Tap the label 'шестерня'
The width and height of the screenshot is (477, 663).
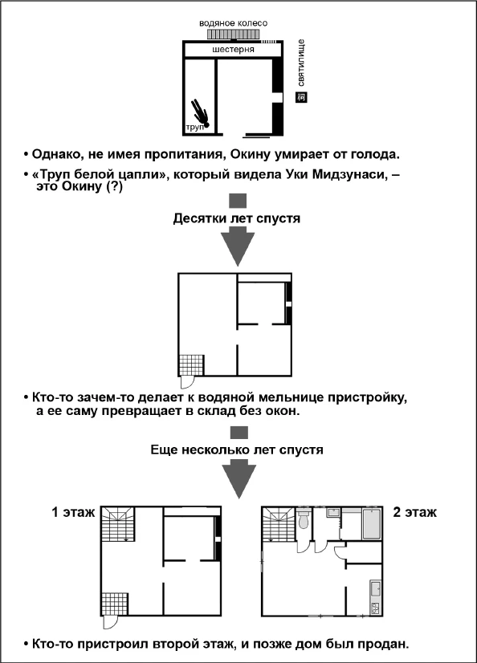click(234, 50)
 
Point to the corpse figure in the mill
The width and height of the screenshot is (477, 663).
click(199, 112)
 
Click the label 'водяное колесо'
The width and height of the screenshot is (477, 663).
click(233, 23)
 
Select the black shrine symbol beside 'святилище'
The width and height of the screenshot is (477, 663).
click(301, 98)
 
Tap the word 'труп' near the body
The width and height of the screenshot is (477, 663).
click(194, 128)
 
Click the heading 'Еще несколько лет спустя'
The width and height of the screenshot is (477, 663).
click(237, 450)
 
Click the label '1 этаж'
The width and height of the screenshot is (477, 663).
click(73, 511)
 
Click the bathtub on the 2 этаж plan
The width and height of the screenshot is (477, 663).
click(372, 523)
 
